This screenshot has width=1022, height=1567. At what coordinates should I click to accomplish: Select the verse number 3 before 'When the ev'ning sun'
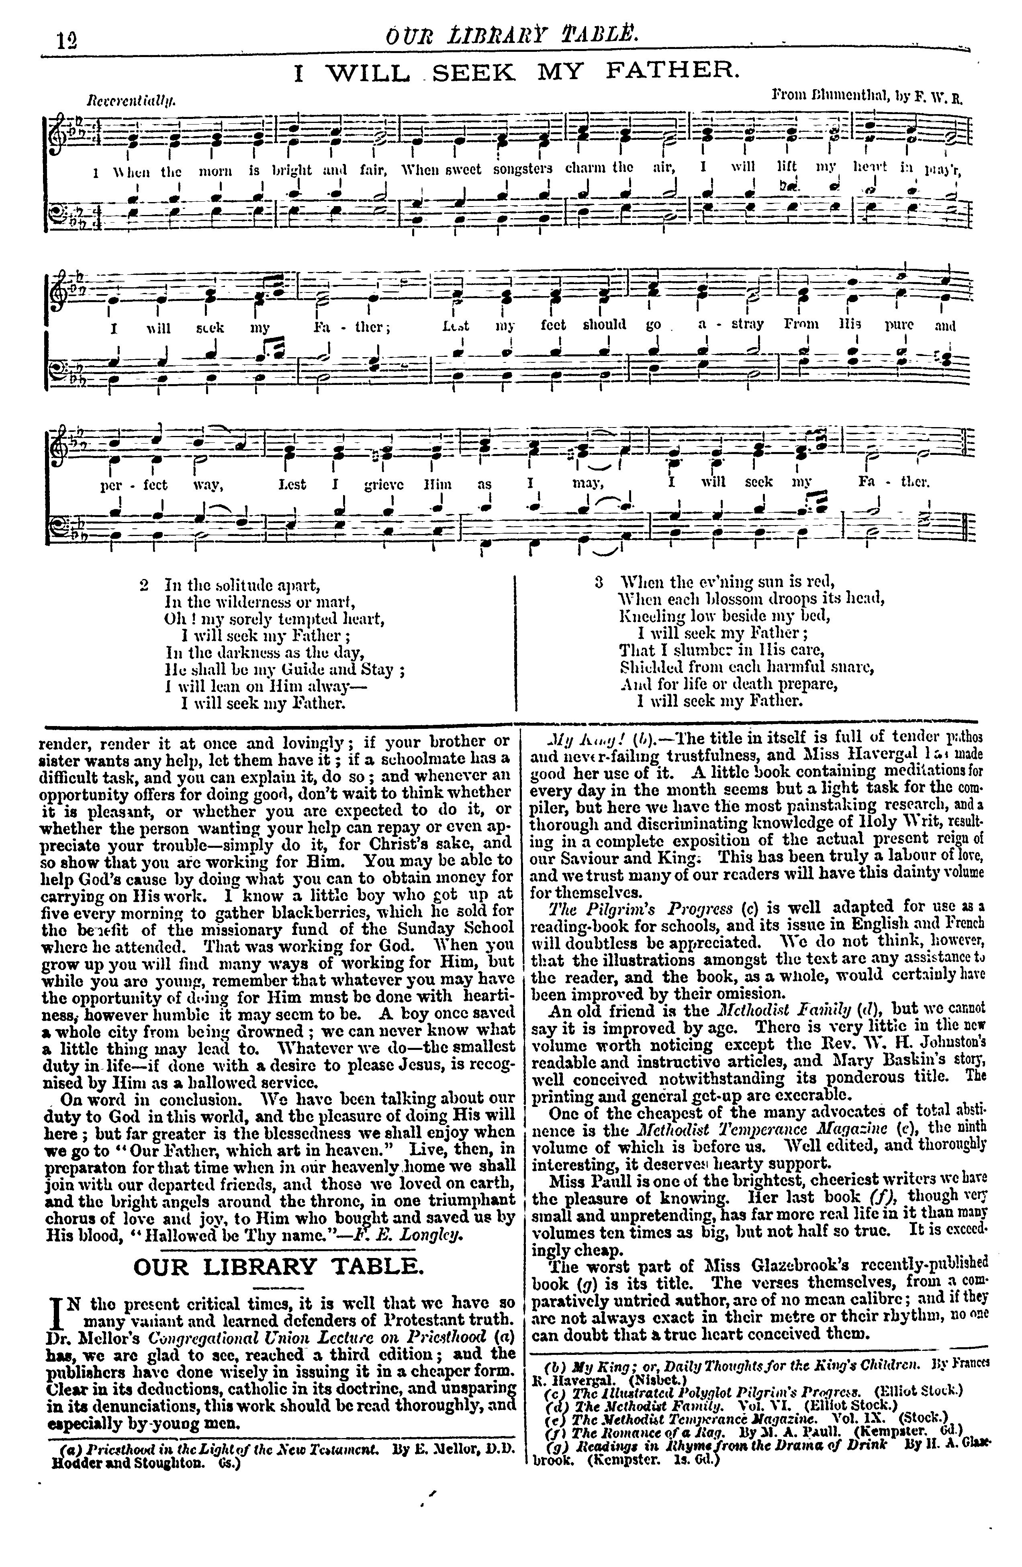click(598, 582)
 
